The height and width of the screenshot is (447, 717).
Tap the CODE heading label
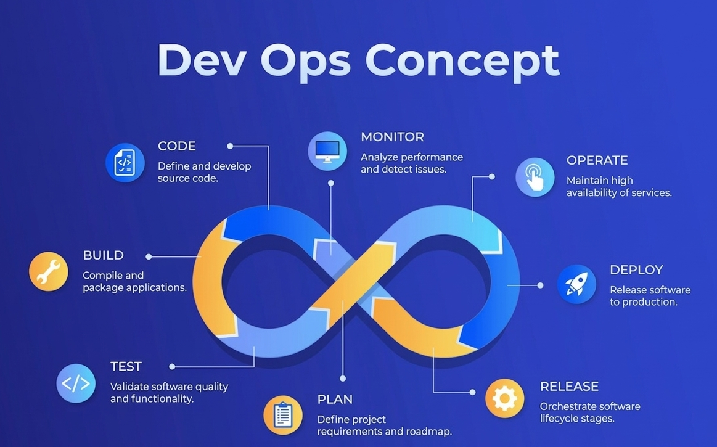click(176, 146)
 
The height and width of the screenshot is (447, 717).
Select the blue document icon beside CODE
click(125, 163)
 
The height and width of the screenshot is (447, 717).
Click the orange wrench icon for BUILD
click(49, 271)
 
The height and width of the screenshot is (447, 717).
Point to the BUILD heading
click(103, 255)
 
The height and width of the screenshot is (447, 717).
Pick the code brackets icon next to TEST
click(76, 383)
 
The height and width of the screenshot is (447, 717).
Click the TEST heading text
click(126, 366)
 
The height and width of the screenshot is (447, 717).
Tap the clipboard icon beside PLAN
click(283, 415)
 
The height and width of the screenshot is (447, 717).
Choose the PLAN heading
click(335, 400)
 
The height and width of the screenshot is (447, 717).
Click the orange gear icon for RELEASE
click(504, 398)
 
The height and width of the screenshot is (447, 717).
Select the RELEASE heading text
click(569, 387)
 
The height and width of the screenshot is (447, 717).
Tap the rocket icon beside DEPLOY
click(576, 284)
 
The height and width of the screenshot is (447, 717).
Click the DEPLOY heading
click(636, 270)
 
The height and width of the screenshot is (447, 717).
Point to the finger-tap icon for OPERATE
click(535, 178)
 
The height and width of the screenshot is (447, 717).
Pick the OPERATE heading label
click(597, 160)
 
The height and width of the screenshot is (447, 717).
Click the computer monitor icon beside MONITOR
click(327, 151)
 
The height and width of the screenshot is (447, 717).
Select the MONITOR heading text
click(392, 137)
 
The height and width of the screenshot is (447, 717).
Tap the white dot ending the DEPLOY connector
click(540, 285)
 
